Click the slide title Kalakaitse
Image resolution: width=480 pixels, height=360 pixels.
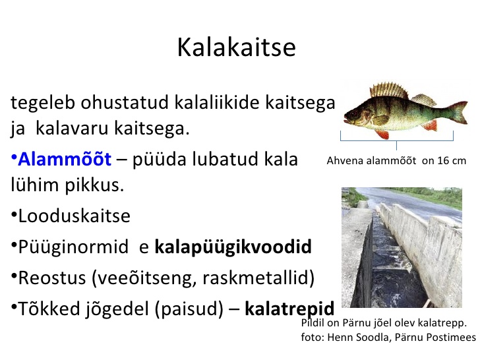pos(236,47)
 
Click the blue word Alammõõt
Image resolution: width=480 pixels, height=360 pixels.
pos(65,159)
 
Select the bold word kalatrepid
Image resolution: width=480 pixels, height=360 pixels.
pos(289,309)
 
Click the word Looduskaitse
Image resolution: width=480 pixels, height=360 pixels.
pos(75,216)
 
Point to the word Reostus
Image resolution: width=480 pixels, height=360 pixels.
pos(52,278)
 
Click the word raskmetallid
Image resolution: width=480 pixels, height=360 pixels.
pos(258,278)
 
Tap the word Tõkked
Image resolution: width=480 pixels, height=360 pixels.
pos(49,309)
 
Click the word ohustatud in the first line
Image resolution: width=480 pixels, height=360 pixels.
pos(125,102)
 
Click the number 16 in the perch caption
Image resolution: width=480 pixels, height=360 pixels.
pos(443,161)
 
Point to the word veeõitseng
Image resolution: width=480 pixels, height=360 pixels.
pos(146,278)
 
